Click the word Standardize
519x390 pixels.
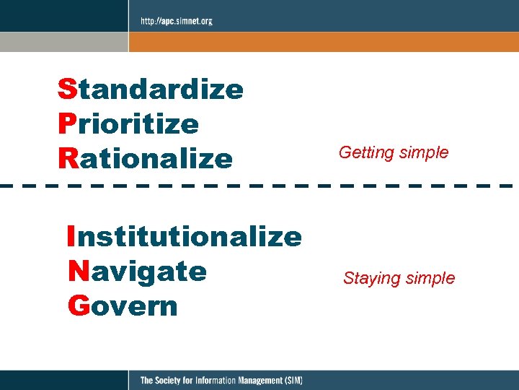151,90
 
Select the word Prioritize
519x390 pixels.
128,124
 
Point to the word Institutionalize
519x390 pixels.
184,236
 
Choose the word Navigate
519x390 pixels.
137,272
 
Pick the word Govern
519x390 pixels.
122,305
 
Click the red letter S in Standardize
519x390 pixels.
66,90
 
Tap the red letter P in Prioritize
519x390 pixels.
66,124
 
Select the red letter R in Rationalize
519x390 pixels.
67,158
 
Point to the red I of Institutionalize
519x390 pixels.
70,236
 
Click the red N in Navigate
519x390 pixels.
77,272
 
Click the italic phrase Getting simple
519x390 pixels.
394,153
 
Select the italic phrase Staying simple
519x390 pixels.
399,278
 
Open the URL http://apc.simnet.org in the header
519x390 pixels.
176,21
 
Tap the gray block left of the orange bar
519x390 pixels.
63,41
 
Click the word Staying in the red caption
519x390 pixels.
369,279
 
